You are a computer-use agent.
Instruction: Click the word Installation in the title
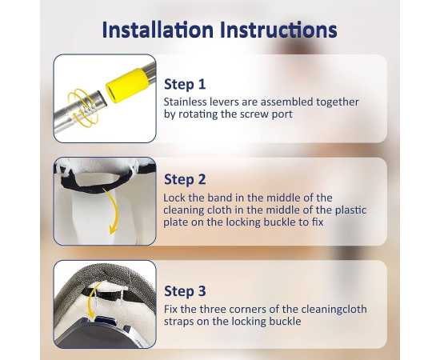tap(158, 30)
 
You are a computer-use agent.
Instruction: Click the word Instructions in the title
tap(278, 30)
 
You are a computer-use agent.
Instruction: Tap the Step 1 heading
tap(185, 84)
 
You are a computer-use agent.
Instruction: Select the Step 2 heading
tap(185, 179)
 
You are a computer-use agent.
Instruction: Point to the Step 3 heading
tap(185, 290)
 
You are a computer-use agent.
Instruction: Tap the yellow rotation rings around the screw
tap(83, 108)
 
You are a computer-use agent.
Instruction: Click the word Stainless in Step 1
tap(185, 102)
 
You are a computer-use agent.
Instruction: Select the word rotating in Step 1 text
tap(198, 114)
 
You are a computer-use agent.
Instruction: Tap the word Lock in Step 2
tap(174, 198)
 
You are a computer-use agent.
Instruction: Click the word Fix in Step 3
tap(171, 310)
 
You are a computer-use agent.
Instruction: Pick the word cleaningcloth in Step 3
tap(334, 310)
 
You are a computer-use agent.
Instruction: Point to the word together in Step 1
tap(338, 102)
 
